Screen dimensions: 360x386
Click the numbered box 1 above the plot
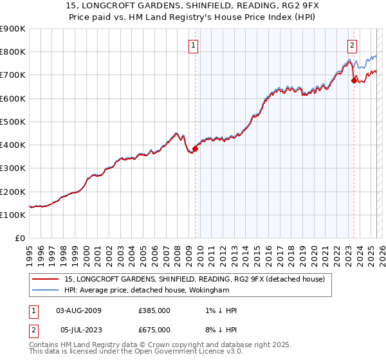pos(194,45)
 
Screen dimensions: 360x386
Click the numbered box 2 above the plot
pos(353,45)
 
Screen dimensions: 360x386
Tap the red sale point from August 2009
pos(195,148)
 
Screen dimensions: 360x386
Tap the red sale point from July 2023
pos(354,80)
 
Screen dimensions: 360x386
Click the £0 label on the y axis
pos(19,238)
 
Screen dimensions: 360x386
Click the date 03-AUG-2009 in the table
pos(79,310)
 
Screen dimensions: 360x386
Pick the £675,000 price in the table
pos(154,330)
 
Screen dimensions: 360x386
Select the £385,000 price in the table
pos(154,310)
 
